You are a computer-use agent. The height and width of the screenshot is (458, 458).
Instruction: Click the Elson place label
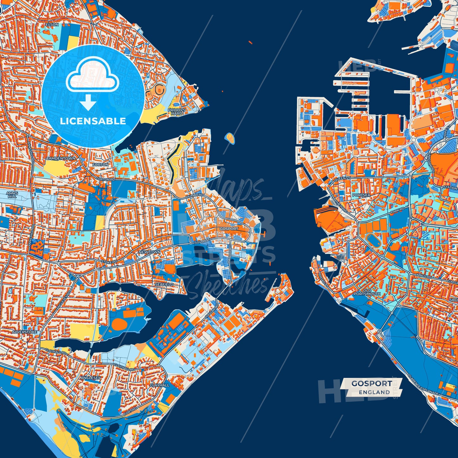point(52,24)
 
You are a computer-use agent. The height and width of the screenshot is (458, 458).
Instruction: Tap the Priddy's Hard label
point(177,112)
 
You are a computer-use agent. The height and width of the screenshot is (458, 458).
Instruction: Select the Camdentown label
point(61,158)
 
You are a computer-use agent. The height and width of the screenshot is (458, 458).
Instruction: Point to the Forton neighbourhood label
point(100,165)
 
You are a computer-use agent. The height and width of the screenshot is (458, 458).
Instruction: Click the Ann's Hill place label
point(12,195)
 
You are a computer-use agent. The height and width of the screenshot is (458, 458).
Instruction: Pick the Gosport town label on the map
point(229,229)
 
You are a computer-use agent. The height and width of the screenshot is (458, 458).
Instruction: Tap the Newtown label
point(150,252)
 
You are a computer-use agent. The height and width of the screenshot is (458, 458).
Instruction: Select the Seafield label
point(164,285)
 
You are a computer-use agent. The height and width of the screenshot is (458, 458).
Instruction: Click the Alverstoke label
point(24,332)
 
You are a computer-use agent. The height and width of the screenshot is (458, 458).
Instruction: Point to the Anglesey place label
point(90,378)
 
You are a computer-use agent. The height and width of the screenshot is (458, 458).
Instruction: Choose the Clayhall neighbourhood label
point(159,385)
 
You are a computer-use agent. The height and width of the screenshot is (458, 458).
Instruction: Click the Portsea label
point(361,195)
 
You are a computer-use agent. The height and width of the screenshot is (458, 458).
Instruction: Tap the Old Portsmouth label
point(367,292)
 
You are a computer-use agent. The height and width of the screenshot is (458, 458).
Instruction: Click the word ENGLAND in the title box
point(374,392)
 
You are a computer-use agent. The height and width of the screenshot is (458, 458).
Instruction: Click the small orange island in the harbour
point(230,138)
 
